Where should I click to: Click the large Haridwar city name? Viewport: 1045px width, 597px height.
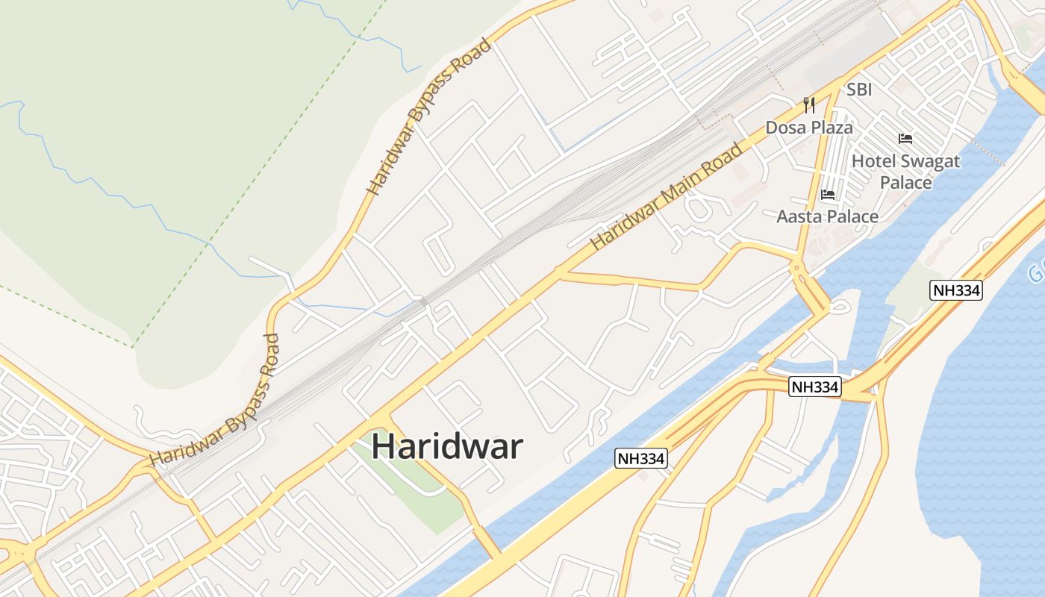447,446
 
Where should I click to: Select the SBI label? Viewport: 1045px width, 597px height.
859,90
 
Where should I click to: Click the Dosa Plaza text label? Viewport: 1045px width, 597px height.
809,128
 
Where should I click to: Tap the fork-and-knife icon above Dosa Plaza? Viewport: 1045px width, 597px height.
809,104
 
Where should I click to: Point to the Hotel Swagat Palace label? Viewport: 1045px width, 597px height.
905,171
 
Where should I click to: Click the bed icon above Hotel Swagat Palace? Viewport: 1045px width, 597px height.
905,139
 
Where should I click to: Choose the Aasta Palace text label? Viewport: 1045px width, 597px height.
827,216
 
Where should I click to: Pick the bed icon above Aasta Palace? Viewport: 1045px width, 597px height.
827,195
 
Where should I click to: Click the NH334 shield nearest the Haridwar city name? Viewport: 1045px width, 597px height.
640,458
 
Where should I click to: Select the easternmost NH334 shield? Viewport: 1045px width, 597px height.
956,290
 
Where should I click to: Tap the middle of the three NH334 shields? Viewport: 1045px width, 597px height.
816,387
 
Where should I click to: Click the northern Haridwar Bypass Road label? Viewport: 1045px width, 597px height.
430,117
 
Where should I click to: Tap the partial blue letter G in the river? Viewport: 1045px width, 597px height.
1036,273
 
